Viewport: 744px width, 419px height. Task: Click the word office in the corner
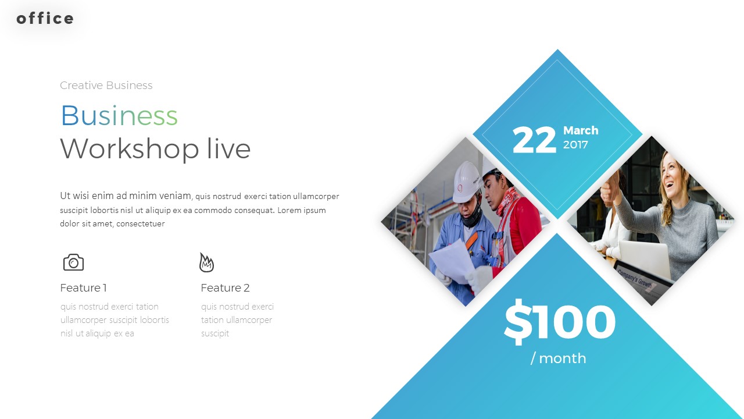click(x=45, y=19)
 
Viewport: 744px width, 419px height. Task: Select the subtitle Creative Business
click(x=106, y=86)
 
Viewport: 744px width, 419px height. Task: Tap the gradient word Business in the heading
click(x=119, y=115)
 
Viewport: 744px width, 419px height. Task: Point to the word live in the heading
click(x=229, y=149)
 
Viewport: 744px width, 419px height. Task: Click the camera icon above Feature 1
click(x=73, y=262)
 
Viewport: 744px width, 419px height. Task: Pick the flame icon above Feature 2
click(x=206, y=262)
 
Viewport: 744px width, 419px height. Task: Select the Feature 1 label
click(x=84, y=288)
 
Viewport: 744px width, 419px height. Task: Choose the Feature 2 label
click(x=225, y=288)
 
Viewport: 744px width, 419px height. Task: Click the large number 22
click(x=534, y=141)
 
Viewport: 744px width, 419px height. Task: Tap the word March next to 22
click(x=581, y=131)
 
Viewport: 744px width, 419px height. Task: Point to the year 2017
click(x=575, y=145)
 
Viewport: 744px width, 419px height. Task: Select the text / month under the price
click(x=559, y=358)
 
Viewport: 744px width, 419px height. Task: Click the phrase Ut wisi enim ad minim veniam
click(x=126, y=196)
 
